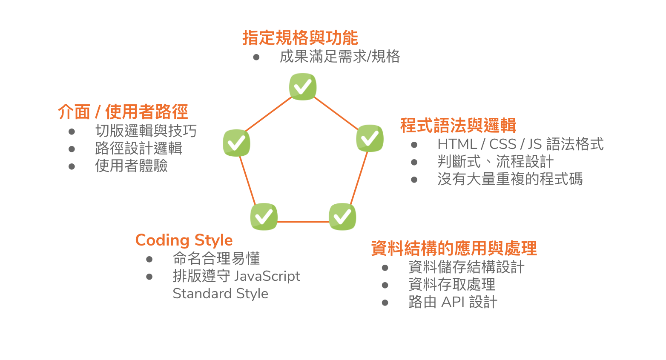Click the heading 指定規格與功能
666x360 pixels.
(x=300, y=38)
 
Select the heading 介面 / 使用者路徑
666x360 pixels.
(x=123, y=111)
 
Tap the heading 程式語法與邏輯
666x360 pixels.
(x=458, y=126)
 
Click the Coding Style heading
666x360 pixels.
(x=184, y=240)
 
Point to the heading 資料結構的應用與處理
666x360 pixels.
(x=454, y=249)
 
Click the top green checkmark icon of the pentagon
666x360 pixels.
(x=303, y=87)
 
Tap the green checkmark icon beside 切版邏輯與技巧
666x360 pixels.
(x=236, y=143)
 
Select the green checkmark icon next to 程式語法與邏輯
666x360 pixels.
(x=370, y=138)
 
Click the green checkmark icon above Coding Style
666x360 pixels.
(x=264, y=217)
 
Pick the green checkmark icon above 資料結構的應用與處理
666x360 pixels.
(x=342, y=217)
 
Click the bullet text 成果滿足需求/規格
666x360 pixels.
(x=340, y=57)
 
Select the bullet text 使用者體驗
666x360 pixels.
(x=131, y=166)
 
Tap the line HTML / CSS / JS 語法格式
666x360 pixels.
(x=521, y=144)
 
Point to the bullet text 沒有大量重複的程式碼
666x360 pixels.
(x=510, y=179)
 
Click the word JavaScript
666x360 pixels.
(x=267, y=276)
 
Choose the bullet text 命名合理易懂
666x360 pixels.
(x=216, y=258)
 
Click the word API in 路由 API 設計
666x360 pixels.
(x=453, y=302)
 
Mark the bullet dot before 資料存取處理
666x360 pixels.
(x=385, y=285)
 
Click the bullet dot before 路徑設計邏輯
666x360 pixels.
(x=72, y=149)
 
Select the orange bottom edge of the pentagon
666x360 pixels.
(x=303, y=222)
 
